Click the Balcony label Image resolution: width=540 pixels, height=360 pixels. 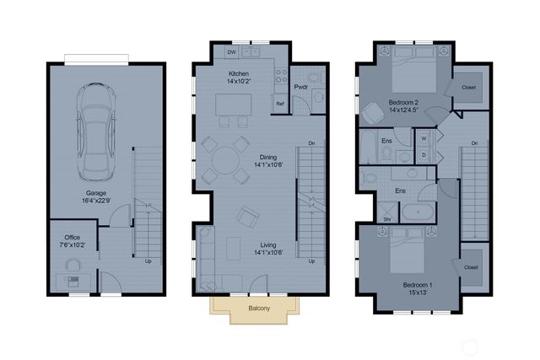[x=259, y=309]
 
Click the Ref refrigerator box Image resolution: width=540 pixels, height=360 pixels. [x=279, y=104]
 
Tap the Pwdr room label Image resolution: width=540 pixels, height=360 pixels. [x=300, y=87]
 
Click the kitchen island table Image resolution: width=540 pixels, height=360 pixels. [x=234, y=105]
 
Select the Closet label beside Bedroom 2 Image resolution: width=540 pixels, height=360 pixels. [x=470, y=88]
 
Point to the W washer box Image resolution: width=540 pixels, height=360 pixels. [x=424, y=137]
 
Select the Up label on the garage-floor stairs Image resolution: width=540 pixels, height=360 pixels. [x=148, y=261]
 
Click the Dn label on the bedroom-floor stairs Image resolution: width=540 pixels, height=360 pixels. [x=475, y=143]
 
